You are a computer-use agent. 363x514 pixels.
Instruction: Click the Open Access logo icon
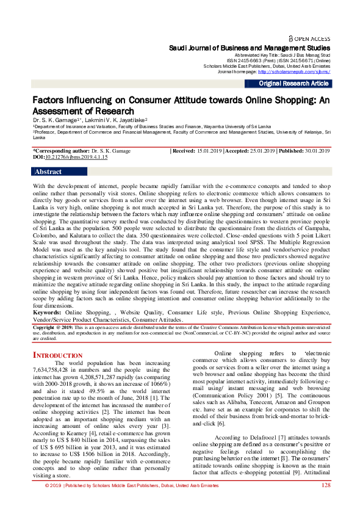pyautogui.click(x=292, y=37)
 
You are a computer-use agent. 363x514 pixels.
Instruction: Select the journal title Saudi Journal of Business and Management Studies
pyautogui.click(x=250, y=47)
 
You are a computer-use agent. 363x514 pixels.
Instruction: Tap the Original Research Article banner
pyautogui.click(x=293, y=84)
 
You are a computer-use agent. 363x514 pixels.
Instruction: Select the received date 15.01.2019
pyautogui.click(x=209, y=150)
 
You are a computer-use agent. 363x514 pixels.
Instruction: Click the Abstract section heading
pyautogui.click(x=48, y=172)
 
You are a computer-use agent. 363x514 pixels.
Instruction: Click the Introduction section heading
pyautogui.click(x=57, y=355)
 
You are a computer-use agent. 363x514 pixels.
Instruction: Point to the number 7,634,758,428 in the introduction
pyautogui.click(x=55, y=370)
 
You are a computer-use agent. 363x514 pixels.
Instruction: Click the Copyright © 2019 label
pyautogui.click(x=53, y=327)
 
